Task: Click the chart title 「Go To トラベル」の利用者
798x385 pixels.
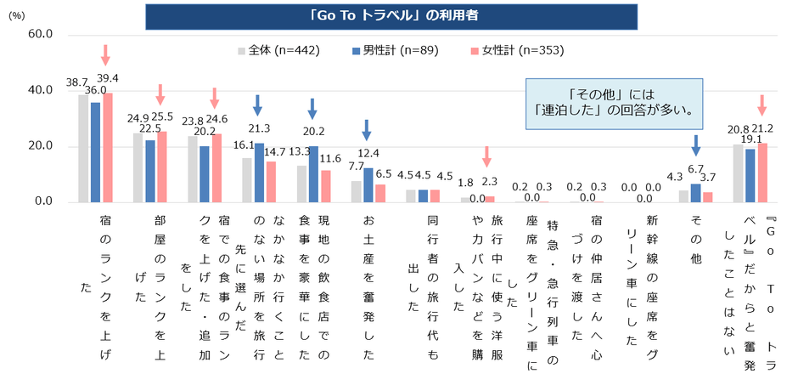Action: tap(400, 15)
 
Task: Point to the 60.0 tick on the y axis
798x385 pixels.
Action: tap(40, 34)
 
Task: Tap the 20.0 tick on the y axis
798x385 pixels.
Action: tap(40, 146)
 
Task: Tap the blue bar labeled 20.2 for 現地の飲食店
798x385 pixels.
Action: tap(313, 174)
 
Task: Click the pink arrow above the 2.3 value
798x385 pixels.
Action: tap(486, 156)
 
